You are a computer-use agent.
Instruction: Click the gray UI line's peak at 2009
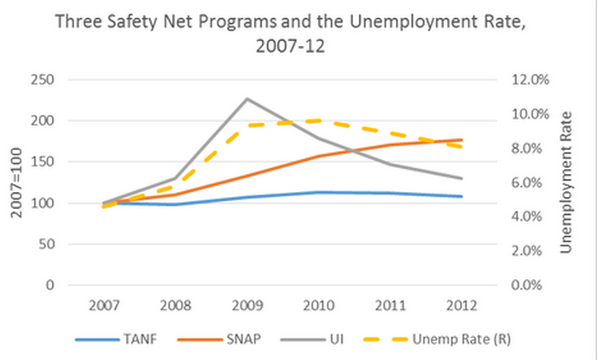click(247, 99)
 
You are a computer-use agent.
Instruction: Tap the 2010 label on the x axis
click(319, 305)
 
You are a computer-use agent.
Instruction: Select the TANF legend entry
click(116, 339)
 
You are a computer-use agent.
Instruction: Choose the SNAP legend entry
click(219, 339)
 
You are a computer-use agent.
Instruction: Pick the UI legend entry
click(312, 339)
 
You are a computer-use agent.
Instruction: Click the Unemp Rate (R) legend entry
click(438, 339)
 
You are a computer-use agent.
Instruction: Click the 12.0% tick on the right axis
click(530, 79)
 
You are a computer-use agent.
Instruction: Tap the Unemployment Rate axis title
click(566, 183)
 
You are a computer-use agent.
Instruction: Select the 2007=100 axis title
click(16, 183)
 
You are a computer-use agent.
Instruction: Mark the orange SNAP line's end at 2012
click(462, 140)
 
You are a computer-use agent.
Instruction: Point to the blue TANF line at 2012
click(462, 196)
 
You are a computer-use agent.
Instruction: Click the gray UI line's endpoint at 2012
click(462, 178)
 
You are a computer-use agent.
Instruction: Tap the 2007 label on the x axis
click(104, 305)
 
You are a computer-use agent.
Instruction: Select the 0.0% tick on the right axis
click(526, 285)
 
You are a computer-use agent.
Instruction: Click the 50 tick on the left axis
click(46, 244)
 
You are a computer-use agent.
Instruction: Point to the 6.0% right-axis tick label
click(526, 183)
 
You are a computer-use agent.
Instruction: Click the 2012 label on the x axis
click(462, 305)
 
